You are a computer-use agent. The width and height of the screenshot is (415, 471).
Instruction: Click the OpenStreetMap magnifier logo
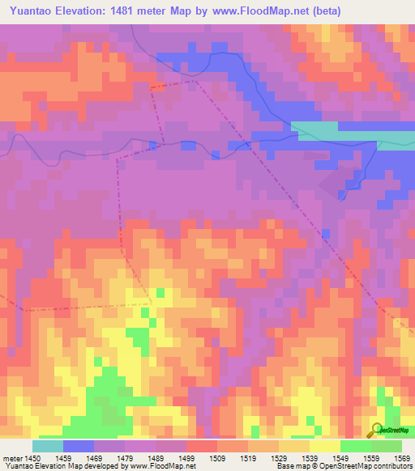coord(375,429)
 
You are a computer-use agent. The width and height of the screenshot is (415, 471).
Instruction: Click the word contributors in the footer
coord(391,466)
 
